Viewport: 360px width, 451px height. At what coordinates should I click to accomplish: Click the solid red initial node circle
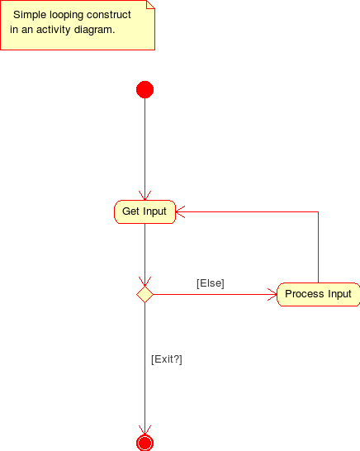click(144, 90)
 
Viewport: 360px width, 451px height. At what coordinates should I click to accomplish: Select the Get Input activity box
click(144, 211)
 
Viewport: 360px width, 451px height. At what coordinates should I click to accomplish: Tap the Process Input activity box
click(318, 294)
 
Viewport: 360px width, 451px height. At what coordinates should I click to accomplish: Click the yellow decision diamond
click(144, 294)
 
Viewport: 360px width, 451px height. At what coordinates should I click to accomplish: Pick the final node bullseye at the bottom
click(144, 442)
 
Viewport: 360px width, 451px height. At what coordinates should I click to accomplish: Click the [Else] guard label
click(210, 283)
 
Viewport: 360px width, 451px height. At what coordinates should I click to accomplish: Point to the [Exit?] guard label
click(166, 359)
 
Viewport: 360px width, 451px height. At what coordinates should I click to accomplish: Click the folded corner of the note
click(150, 5)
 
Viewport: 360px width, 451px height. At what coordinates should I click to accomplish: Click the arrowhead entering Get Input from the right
click(181, 211)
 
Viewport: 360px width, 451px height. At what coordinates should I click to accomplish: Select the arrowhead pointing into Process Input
click(272, 294)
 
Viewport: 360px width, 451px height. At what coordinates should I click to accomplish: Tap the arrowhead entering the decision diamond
click(144, 281)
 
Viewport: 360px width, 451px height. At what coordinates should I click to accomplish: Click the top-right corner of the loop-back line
click(318, 211)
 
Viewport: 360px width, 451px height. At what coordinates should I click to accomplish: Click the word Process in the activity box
click(303, 294)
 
